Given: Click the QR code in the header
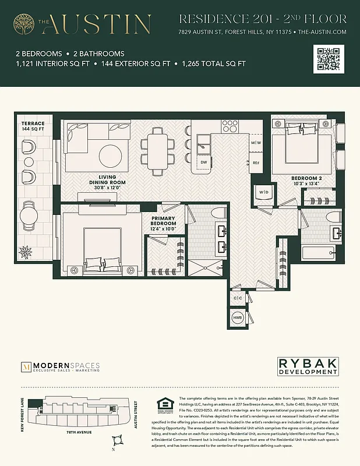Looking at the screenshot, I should tap(328, 59).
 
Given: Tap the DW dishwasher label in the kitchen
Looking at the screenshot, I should tap(204, 163).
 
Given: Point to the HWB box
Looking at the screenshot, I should tap(238, 318).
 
